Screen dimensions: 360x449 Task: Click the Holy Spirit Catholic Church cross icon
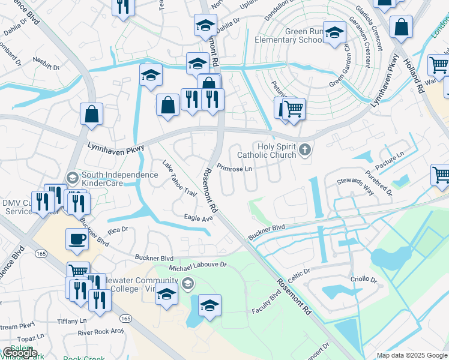pyautogui.click(x=306, y=149)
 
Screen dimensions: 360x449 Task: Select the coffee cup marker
pyautogui.click(x=76, y=239)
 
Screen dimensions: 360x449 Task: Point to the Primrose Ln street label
pyautogui.click(x=234, y=168)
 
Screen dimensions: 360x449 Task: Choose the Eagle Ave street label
pyautogui.click(x=199, y=218)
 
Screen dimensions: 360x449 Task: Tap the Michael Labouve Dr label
pyautogui.click(x=197, y=265)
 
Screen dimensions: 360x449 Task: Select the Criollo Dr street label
pyautogui.click(x=364, y=280)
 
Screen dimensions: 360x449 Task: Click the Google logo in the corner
pyautogui.click(x=20, y=353)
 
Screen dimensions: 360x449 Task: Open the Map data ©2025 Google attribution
pyautogui.click(x=412, y=355)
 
